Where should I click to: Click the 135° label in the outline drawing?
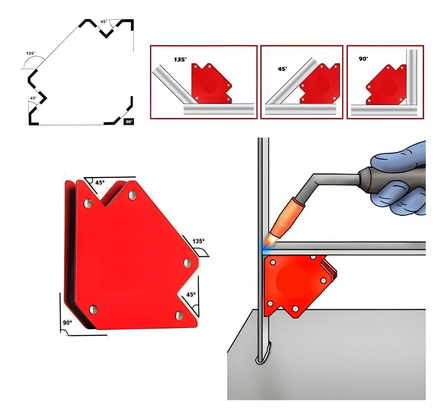click(x=30, y=53)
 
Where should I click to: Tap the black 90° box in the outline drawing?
click(x=129, y=122)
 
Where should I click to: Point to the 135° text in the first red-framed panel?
click(x=180, y=59)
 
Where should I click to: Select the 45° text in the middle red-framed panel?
click(x=282, y=69)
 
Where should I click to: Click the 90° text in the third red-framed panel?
click(x=363, y=59)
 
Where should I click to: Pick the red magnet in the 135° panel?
click(x=211, y=84)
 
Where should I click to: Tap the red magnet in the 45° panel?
click(x=320, y=84)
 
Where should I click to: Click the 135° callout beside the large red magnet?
click(x=198, y=241)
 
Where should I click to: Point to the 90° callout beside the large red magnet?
click(x=67, y=323)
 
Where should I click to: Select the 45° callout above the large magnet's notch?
click(x=100, y=182)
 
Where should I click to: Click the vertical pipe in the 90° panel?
click(x=412, y=77)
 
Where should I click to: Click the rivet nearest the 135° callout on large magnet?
click(x=187, y=263)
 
